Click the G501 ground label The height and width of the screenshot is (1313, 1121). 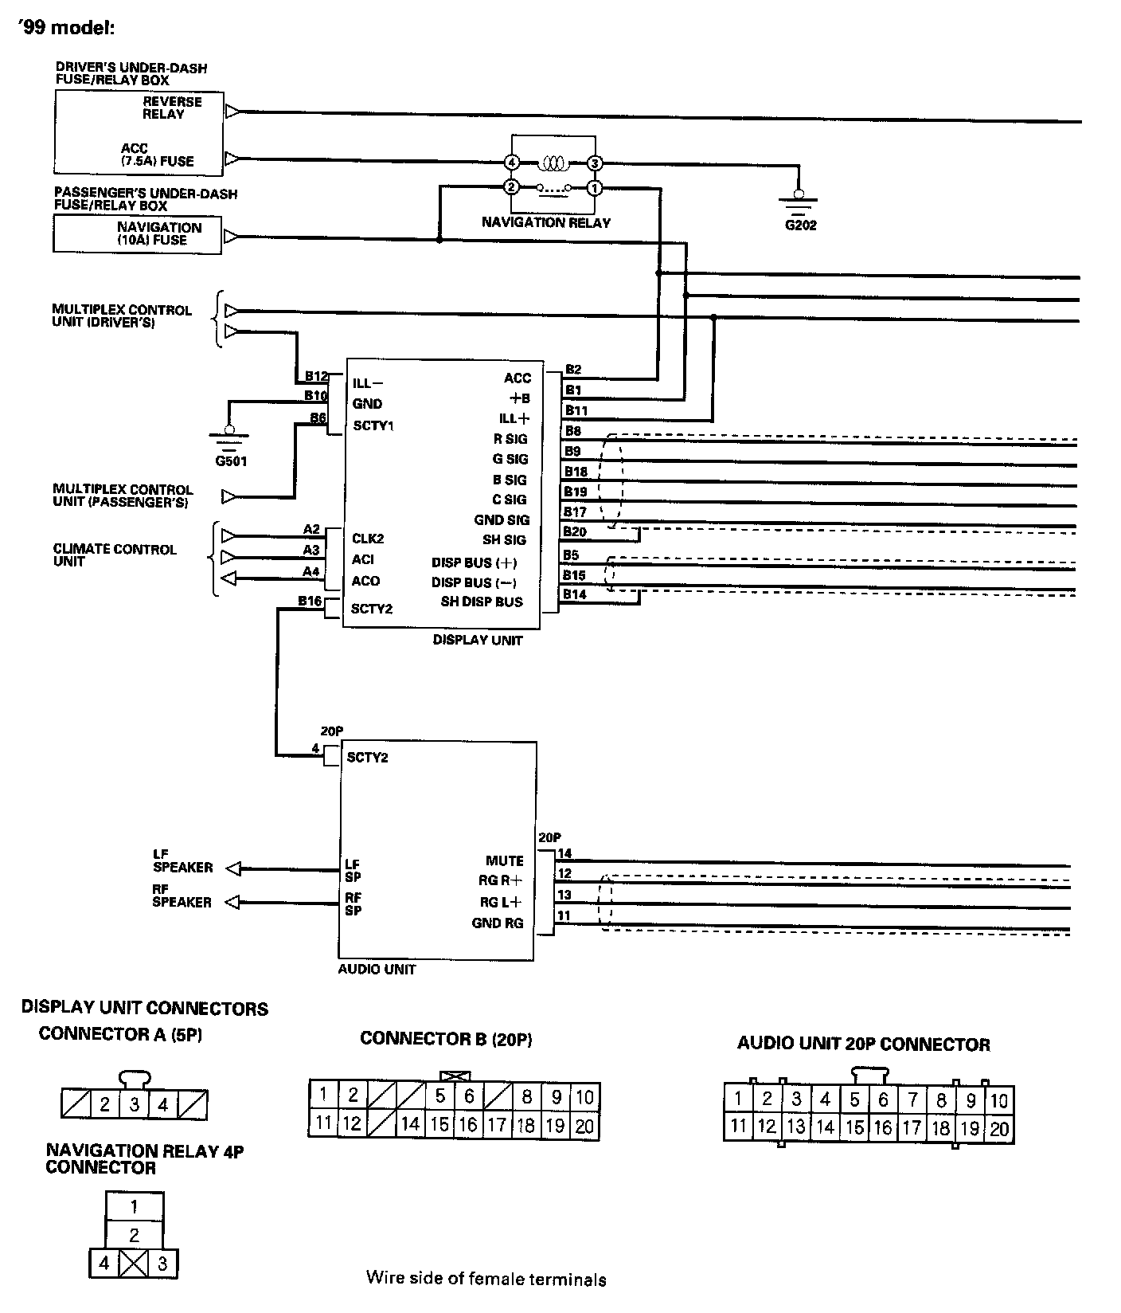[231, 461]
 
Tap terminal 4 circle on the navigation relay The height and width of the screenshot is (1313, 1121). [511, 163]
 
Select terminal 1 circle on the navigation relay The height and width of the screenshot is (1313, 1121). [594, 189]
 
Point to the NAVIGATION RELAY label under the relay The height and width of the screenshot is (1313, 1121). [545, 223]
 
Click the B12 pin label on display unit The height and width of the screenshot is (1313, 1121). [316, 376]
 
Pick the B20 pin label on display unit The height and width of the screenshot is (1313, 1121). [575, 532]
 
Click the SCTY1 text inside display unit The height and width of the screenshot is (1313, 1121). [373, 425]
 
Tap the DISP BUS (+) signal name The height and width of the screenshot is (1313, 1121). [475, 562]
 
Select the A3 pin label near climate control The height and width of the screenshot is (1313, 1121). [311, 550]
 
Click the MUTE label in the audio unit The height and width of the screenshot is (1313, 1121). [505, 860]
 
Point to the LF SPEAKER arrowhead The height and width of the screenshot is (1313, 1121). [232, 868]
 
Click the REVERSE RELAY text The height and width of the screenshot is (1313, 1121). [173, 108]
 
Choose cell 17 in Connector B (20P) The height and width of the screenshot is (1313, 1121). [497, 1124]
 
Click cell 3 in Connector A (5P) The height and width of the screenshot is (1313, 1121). [135, 1104]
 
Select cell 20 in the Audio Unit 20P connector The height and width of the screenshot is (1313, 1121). [999, 1128]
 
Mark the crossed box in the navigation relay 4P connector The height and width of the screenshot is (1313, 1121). [133, 1264]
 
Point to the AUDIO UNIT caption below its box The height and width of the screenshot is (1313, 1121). [377, 970]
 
